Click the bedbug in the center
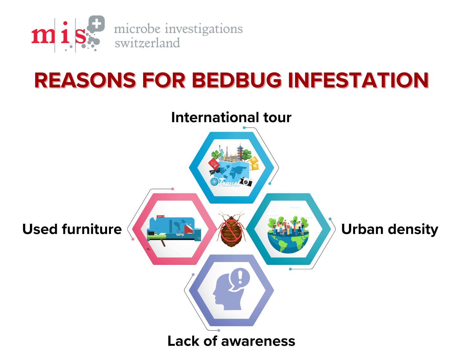tap(231, 229)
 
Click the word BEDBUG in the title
tap(237, 80)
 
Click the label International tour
tap(231, 117)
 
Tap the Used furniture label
tap(72, 229)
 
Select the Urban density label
tap(390, 229)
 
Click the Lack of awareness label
tap(231, 341)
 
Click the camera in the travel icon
tap(246, 181)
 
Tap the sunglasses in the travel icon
tap(214, 171)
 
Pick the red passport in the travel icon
tap(213, 163)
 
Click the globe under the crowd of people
tap(288, 243)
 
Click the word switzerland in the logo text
tap(147, 43)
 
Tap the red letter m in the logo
tap(43, 36)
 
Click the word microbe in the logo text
tap(137, 29)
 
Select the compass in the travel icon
tap(214, 182)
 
